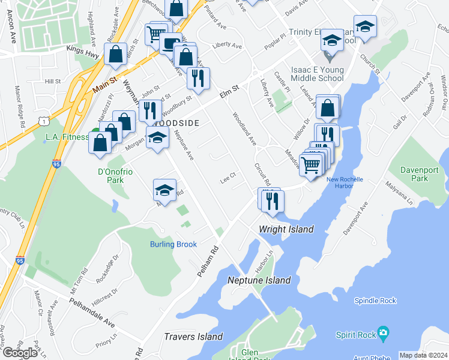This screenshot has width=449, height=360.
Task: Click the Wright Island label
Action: [286, 229]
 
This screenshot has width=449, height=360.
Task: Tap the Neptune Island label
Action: [259, 280]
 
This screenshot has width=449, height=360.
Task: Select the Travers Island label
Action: [193, 337]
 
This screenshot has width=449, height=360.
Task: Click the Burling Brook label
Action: [173, 244]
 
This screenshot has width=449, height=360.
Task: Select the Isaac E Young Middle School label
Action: [318, 74]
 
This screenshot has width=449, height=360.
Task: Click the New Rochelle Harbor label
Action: [346, 182]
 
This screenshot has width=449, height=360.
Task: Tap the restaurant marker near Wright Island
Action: [271, 201]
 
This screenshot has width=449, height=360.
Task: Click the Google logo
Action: [20, 353]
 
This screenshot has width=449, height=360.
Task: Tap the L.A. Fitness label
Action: [67, 137]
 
